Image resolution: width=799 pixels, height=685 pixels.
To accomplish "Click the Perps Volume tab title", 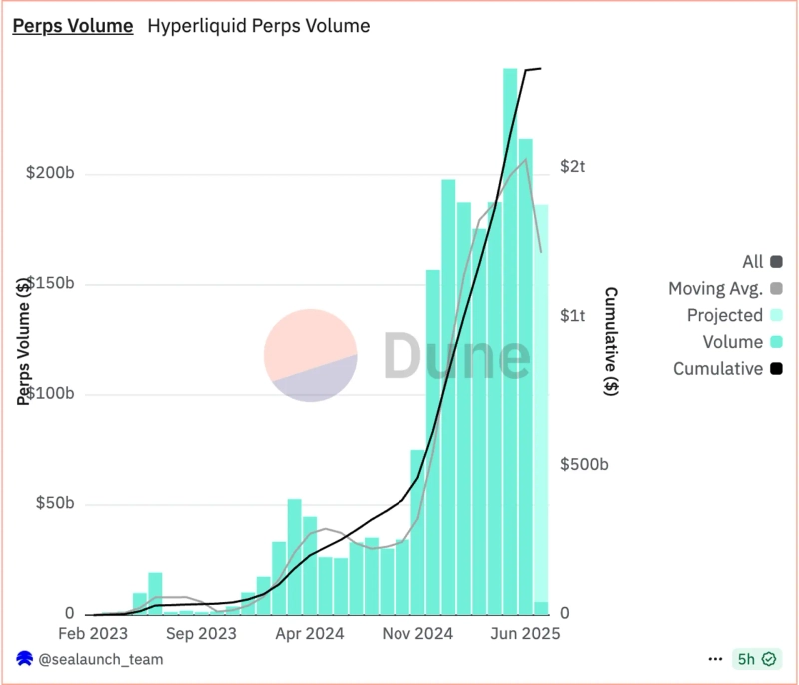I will point(72,27).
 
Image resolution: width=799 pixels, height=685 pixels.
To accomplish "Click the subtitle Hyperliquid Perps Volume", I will point(258,27).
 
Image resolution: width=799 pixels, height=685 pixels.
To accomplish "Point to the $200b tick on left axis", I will point(50,174).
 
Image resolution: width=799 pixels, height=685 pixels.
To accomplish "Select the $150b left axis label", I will point(50,284).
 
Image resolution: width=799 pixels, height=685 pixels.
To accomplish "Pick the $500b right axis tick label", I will point(584,465).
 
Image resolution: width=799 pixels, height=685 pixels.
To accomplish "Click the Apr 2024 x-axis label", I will point(310,634).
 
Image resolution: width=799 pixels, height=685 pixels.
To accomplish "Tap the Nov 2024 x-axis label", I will point(418,634).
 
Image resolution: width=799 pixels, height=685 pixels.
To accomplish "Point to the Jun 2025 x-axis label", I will point(527,634).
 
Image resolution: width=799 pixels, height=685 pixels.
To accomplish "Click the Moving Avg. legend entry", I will point(715,289).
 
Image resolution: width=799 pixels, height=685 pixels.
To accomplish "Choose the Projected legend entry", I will point(724,316).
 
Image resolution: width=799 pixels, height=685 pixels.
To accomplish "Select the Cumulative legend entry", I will point(717,369).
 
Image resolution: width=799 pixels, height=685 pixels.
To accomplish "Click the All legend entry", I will point(753,262).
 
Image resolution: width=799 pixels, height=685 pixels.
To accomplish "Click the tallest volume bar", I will point(510,340).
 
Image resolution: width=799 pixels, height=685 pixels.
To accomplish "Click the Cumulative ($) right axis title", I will point(610,341).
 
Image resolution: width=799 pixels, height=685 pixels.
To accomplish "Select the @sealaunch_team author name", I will point(101,660).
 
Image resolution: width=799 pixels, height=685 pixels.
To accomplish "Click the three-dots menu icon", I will point(715,660).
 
